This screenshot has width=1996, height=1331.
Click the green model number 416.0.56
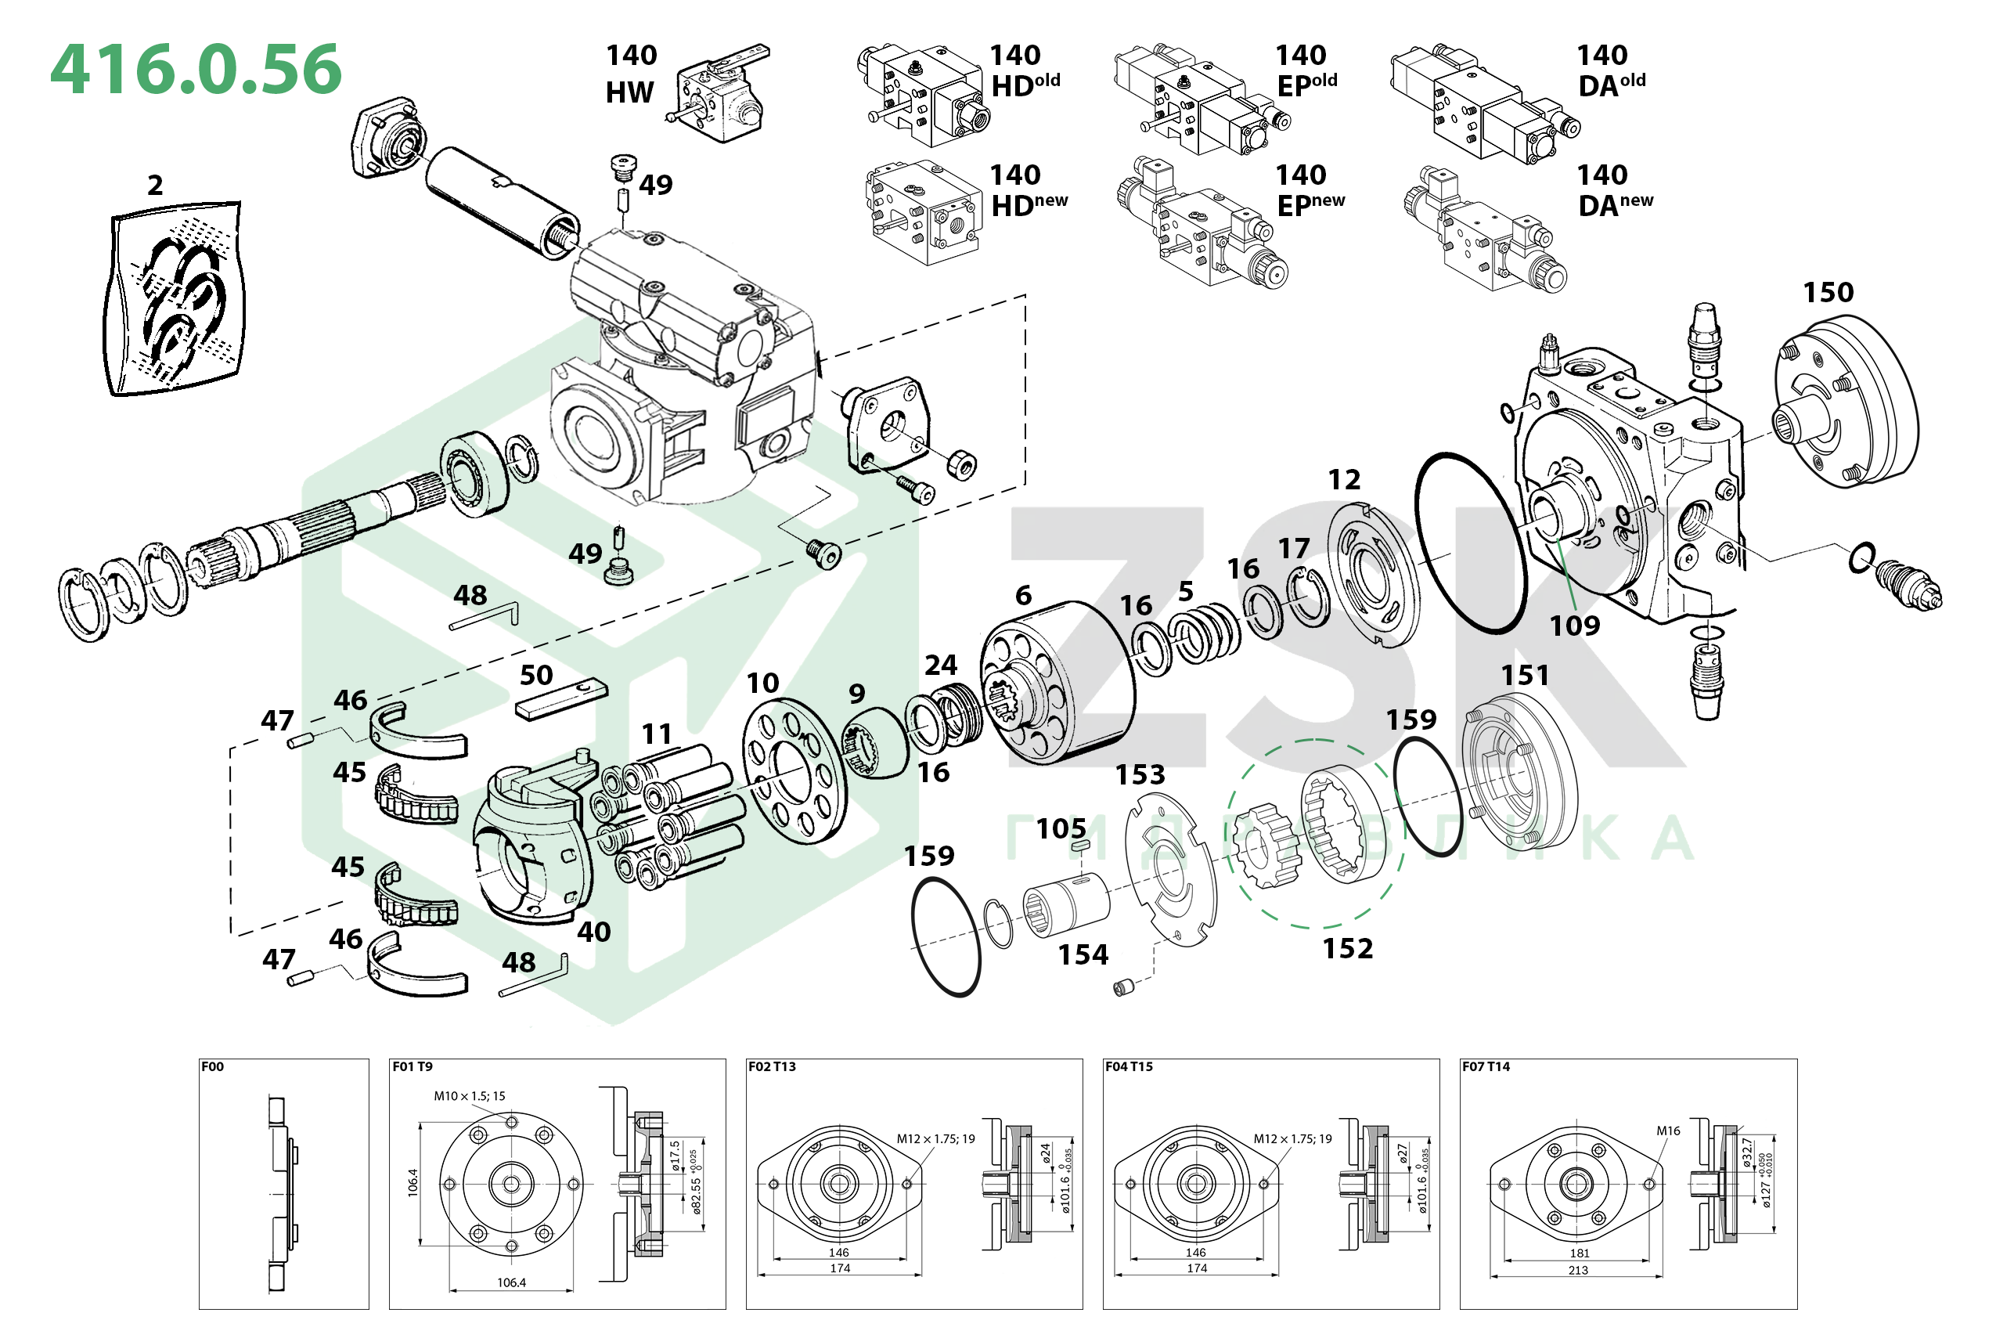196,70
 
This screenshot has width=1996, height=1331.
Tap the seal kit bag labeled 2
174,299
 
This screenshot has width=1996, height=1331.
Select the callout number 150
1827,293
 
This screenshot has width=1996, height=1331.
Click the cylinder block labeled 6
1057,684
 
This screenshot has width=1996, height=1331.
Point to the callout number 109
1574,626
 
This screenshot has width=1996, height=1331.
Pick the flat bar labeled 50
561,699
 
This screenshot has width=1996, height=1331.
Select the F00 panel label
213,1067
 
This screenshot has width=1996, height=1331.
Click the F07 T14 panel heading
1485,1067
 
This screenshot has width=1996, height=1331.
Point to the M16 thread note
1667,1131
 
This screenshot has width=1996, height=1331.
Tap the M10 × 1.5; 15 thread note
470,1096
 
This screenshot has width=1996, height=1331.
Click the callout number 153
1139,775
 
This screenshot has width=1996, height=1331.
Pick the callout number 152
1347,949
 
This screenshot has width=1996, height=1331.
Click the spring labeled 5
1205,635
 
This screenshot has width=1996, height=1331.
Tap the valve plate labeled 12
1371,576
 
